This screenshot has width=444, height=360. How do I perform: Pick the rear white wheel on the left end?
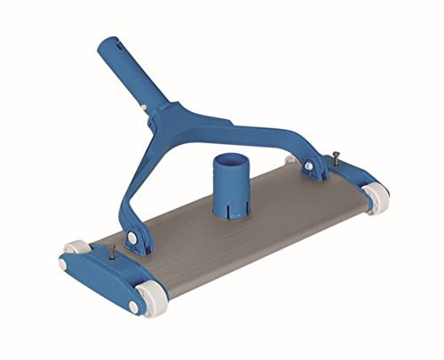pyautogui.click(x=73, y=250)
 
